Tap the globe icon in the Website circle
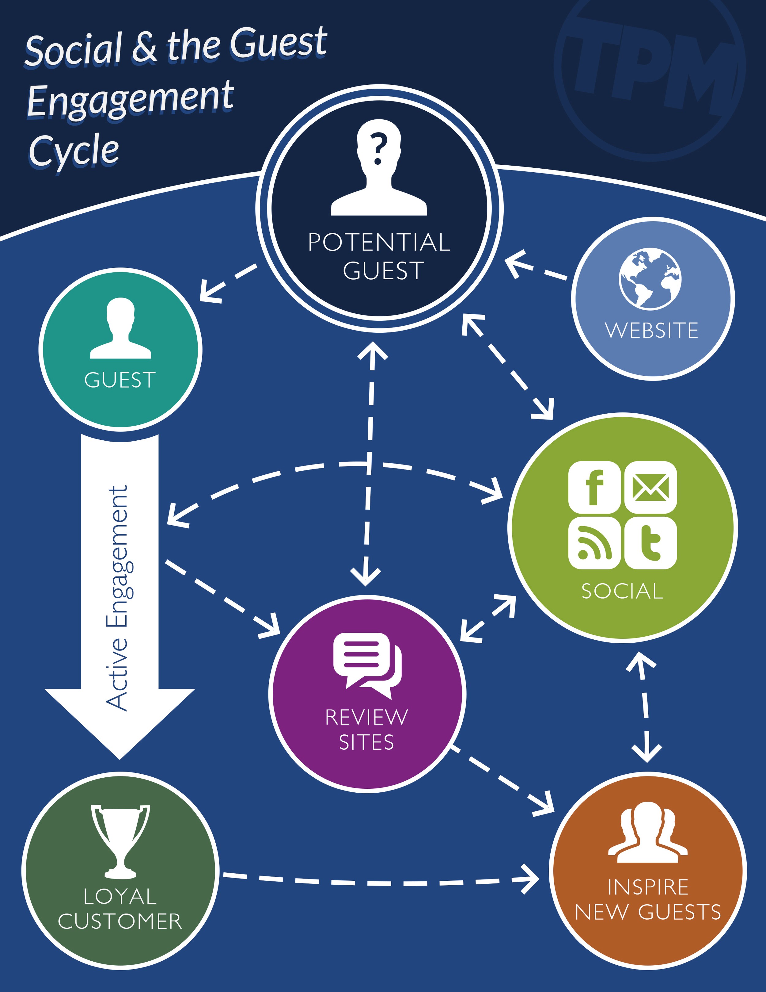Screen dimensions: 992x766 point(650,278)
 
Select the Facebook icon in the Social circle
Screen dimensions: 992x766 point(594,487)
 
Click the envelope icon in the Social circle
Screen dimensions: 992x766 point(650,487)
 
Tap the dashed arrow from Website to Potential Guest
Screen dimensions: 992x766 point(536,268)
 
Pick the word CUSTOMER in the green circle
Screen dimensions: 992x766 point(120,921)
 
